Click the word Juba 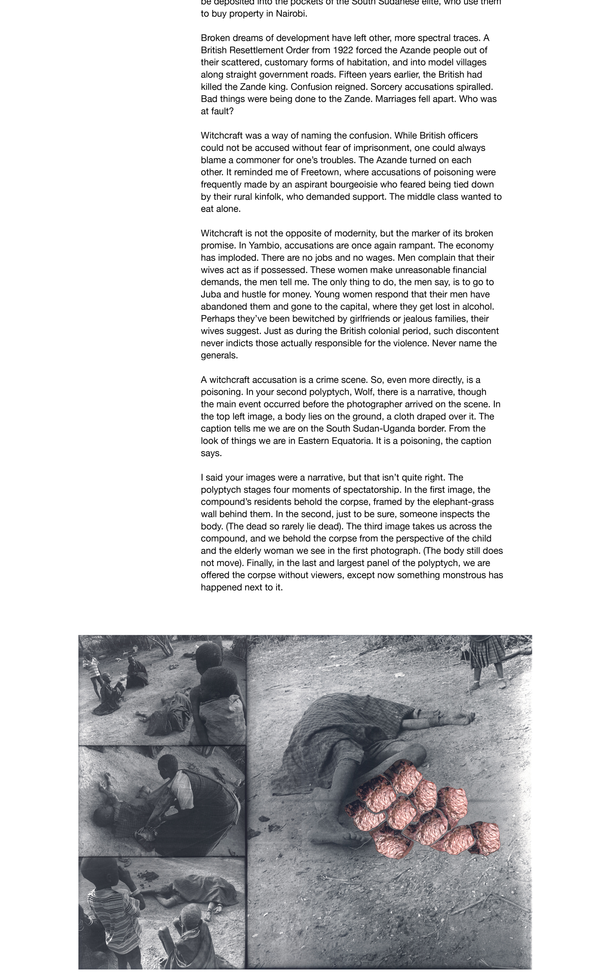211,294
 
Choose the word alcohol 478,306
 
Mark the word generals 219,355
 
